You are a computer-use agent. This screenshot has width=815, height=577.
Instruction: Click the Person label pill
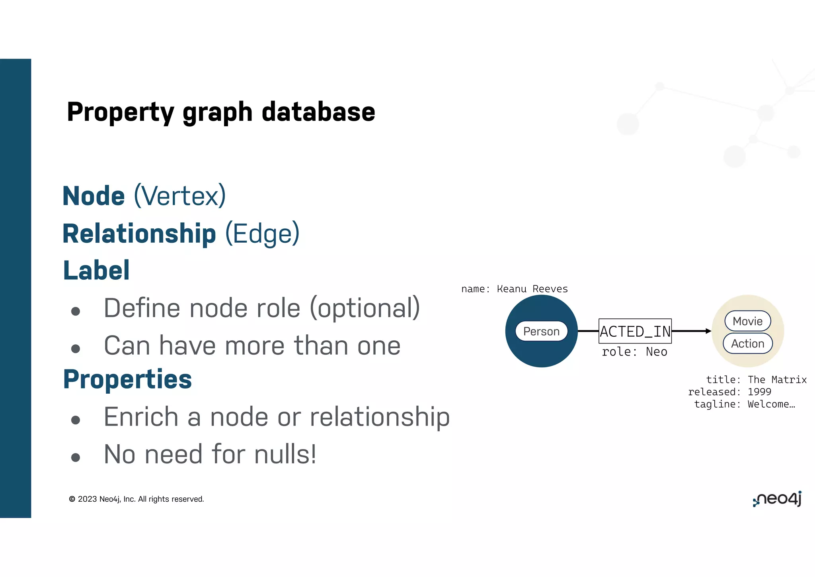click(x=541, y=331)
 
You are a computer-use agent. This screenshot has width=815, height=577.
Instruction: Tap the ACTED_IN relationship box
click(x=635, y=331)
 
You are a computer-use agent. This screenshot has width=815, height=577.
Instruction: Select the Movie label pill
click(x=747, y=321)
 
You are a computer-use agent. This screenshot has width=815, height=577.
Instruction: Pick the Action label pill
click(x=747, y=343)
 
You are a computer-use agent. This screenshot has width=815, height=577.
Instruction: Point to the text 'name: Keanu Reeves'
click(x=514, y=289)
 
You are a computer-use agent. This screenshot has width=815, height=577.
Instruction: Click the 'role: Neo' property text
click(x=634, y=352)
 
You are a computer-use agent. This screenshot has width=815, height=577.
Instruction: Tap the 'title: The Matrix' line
click(x=756, y=380)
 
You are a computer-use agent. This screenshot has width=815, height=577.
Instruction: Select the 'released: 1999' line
click(x=729, y=392)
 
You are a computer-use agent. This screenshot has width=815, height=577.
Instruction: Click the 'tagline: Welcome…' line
click(x=744, y=404)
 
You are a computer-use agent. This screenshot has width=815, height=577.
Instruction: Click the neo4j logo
click(x=777, y=499)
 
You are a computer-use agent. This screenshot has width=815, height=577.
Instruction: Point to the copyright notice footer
click(x=136, y=499)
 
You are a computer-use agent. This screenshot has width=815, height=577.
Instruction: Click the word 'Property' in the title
click(x=121, y=112)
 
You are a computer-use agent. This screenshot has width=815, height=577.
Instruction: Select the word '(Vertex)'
click(x=180, y=196)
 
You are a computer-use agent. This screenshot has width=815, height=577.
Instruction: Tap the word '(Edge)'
click(x=262, y=234)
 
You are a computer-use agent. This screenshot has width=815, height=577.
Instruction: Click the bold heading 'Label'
click(x=97, y=271)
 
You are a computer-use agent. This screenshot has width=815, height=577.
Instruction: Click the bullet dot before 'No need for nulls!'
click(x=76, y=457)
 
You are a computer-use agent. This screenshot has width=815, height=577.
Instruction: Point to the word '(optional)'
click(x=365, y=308)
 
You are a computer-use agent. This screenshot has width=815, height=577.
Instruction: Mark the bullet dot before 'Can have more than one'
click(x=76, y=349)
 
